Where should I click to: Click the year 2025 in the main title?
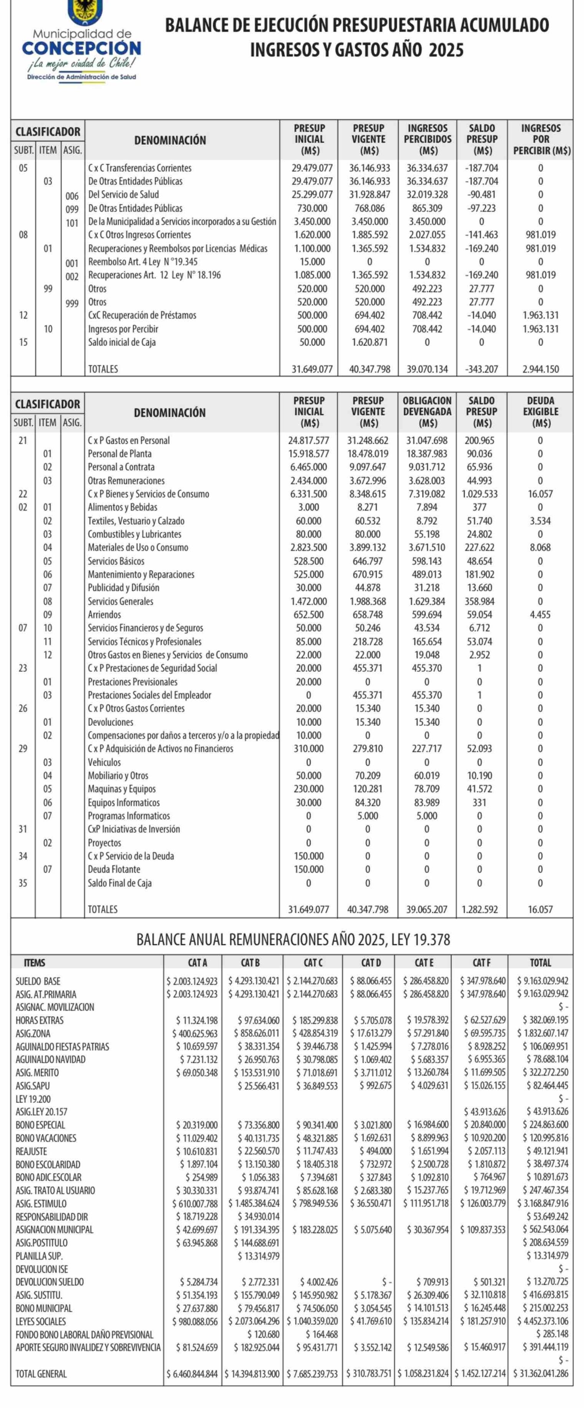[x=446, y=50]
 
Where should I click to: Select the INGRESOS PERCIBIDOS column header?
[x=428, y=139]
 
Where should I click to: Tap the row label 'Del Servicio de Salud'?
[x=123, y=195]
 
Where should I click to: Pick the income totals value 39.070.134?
[x=427, y=369]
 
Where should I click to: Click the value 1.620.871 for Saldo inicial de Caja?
[x=370, y=342]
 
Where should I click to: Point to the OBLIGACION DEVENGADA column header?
[x=427, y=412]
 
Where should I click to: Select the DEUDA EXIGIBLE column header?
[x=540, y=412]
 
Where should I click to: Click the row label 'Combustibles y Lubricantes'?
[x=135, y=534]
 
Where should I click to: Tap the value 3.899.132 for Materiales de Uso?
[x=367, y=547]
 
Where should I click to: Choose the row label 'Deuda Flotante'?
[x=114, y=869]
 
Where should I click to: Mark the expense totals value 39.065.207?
[x=427, y=910]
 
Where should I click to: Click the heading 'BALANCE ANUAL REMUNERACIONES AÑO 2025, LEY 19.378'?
[x=293, y=940]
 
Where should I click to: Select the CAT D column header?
[x=371, y=963]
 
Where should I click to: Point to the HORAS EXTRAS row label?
[x=39, y=1020]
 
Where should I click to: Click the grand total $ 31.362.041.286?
[x=540, y=1374]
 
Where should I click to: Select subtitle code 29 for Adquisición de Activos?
[x=23, y=748]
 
